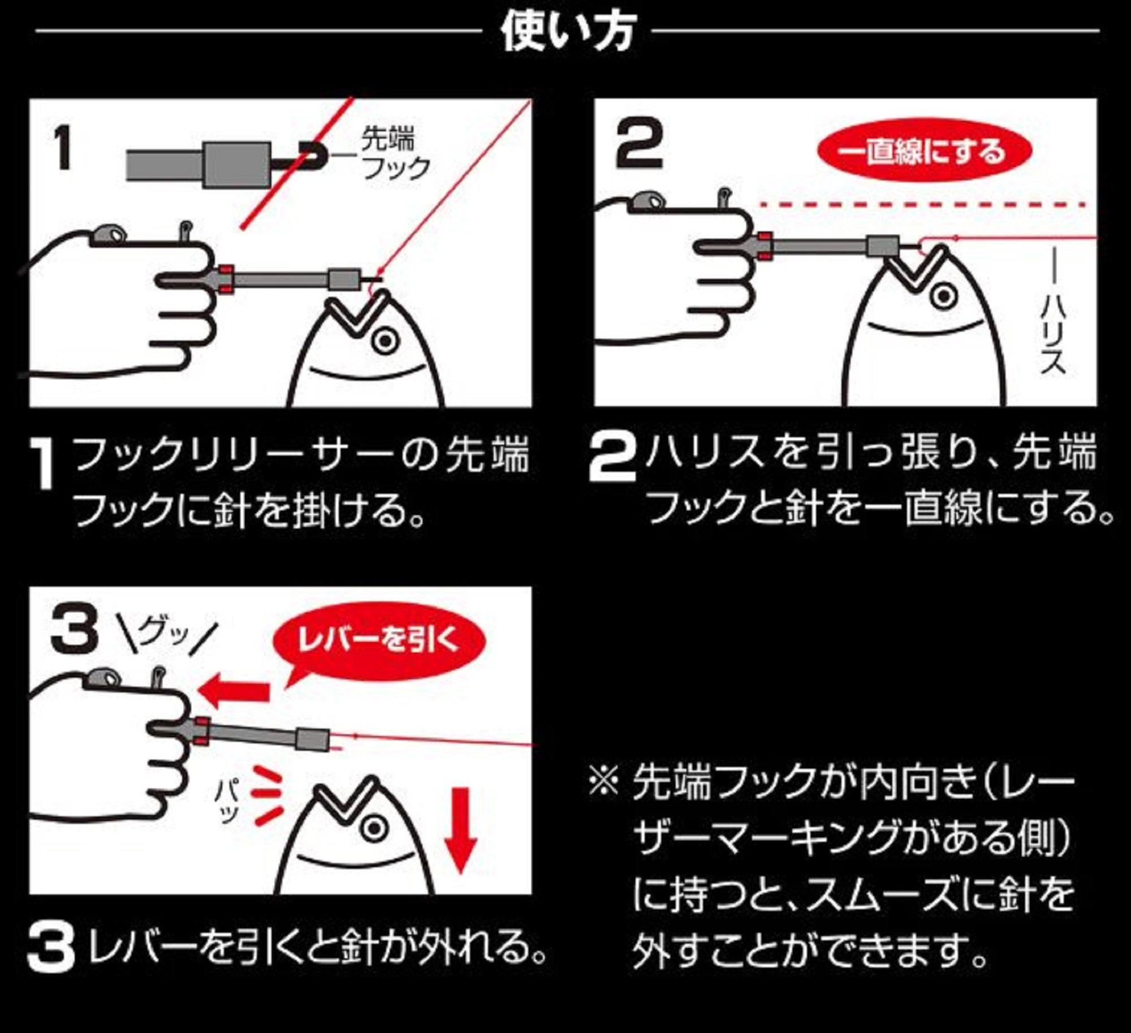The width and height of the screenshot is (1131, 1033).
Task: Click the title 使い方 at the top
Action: (568, 33)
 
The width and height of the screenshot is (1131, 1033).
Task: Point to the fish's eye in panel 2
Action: (943, 296)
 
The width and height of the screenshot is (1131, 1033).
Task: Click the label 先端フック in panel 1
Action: (395, 154)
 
